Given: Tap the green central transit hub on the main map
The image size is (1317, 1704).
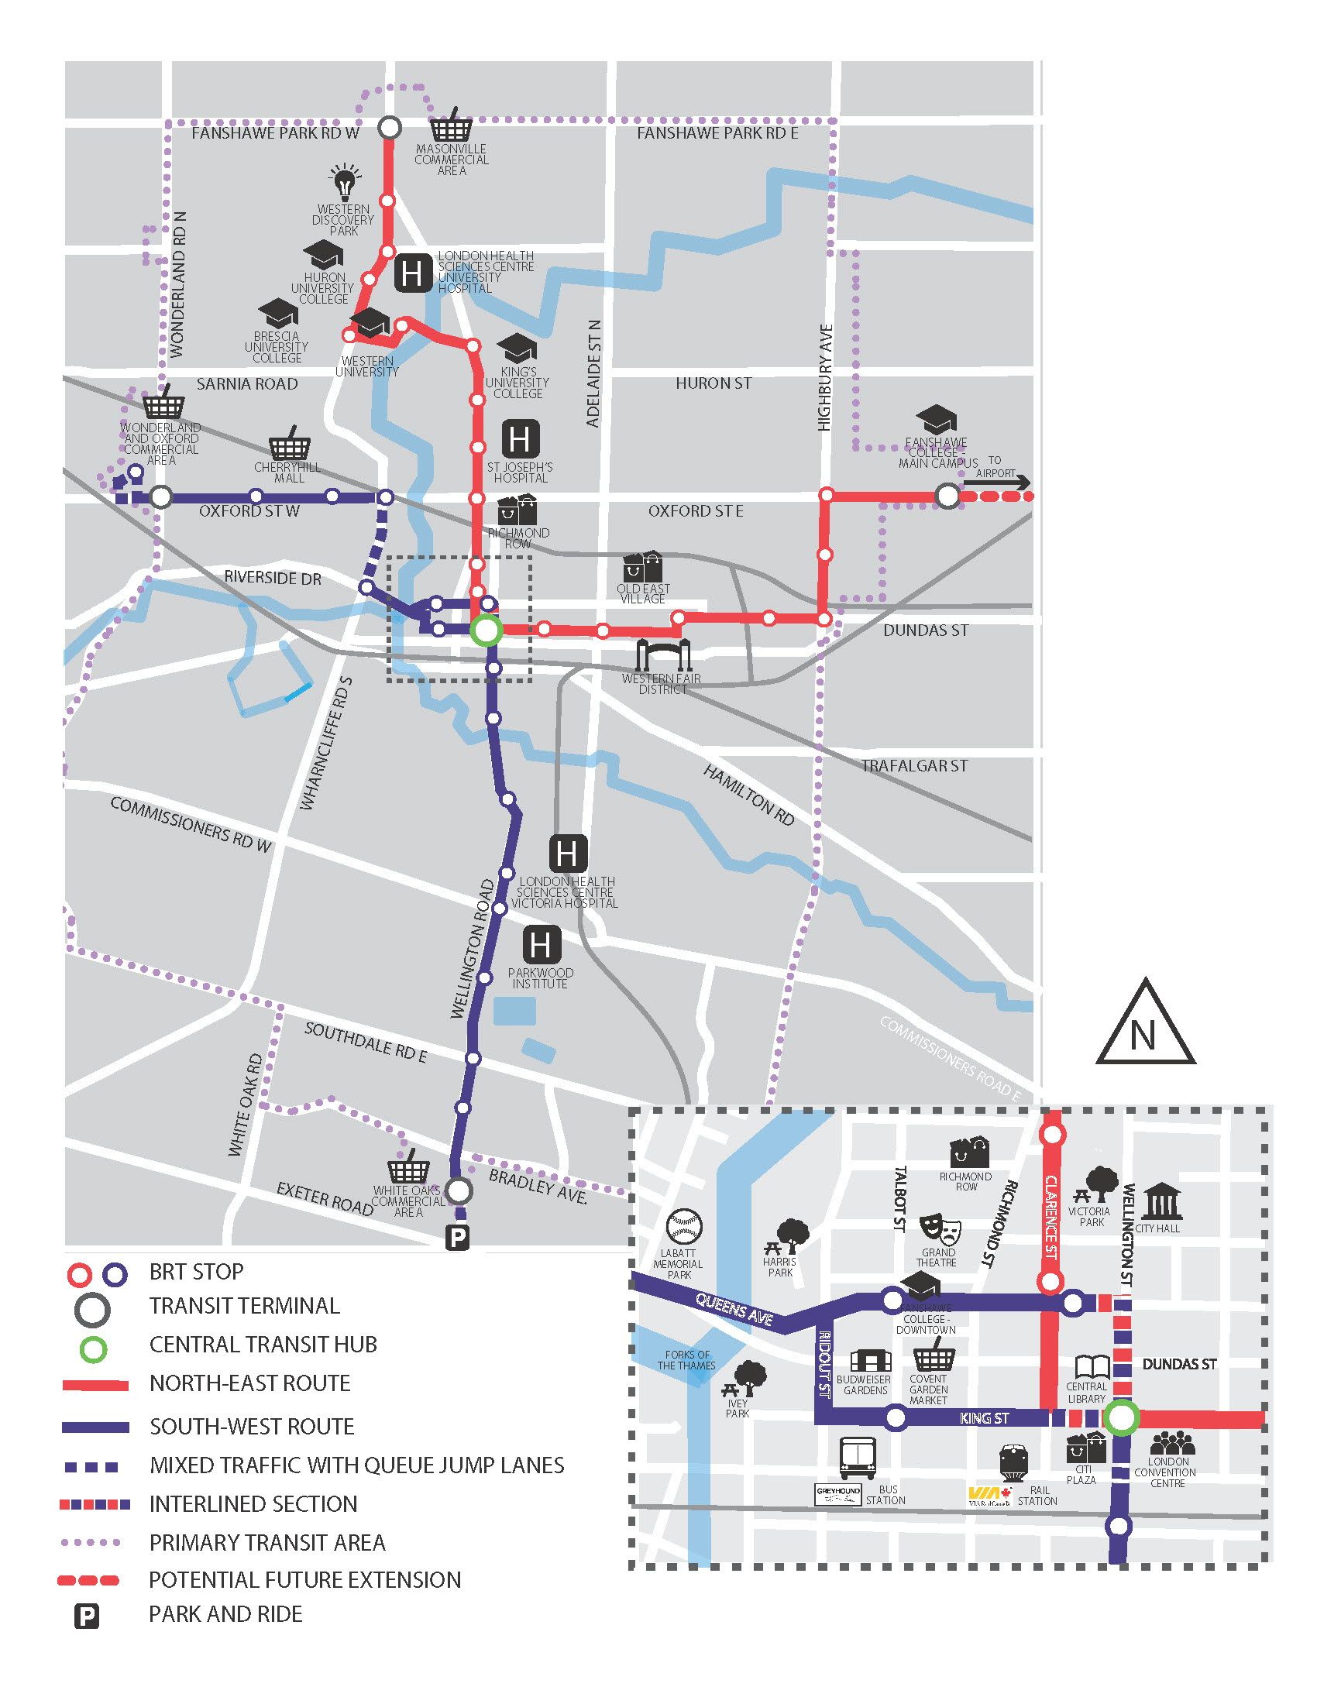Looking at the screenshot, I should click(485, 630).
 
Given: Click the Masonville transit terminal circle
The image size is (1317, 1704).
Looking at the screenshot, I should click(390, 127).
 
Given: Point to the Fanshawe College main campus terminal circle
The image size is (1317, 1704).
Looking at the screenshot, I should click(947, 496).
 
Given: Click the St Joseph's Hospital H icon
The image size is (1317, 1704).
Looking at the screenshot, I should click(520, 438).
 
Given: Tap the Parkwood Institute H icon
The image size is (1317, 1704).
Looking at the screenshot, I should click(540, 945).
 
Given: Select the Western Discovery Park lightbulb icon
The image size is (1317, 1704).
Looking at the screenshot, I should click(344, 183).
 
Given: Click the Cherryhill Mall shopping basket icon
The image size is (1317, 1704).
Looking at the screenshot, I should click(290, 445).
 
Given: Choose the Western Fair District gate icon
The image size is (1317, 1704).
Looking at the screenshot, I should click(664, 655).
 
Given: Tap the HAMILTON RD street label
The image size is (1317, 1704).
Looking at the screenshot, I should click(749, 794).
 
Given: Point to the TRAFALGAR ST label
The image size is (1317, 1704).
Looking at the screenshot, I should click(913, 766).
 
